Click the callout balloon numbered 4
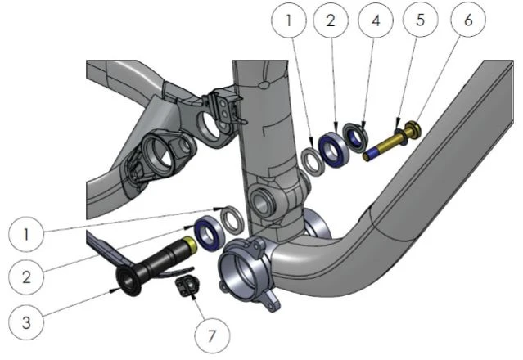(376, 20)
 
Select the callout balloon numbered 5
(420, 20)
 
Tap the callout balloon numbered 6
(468, 20)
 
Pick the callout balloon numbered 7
(212, 335)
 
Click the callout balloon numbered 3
(26, 322)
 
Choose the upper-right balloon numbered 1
(289, 20)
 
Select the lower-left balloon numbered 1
(26, 234)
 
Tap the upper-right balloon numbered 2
(331, 20)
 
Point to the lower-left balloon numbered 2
(26, 277)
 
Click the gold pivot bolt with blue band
(391, 142)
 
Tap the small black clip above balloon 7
(187, 286)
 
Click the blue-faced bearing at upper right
(334, 146)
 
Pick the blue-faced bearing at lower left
(209, 233)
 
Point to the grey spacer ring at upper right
(313, 161)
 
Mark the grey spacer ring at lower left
(232, 220)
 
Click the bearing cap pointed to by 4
(355, 137)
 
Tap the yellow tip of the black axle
(191, 244)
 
